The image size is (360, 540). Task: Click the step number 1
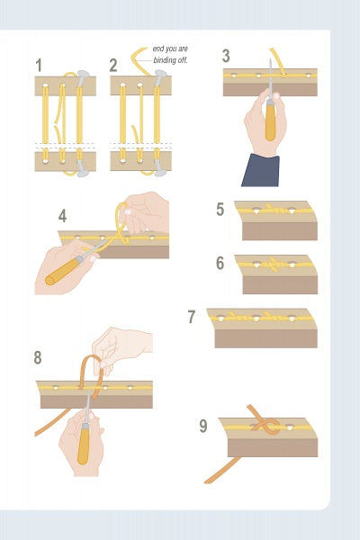[39, 66]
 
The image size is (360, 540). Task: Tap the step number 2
[113, 66]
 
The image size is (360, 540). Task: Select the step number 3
[226, 56]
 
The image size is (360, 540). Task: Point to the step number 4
[62, 216]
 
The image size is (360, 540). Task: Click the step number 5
[220, 209]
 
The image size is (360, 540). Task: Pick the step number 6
[220, 263]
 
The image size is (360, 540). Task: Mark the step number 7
[192, 317]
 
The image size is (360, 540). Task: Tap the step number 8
[38, 357]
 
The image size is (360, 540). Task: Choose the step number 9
[203, 426]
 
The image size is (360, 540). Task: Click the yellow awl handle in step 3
[270, 121]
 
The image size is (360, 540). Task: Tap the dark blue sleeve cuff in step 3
[261, 170]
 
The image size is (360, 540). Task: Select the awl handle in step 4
[62, 271]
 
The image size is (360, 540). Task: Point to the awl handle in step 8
[84, 446]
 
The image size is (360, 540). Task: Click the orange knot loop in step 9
[266, 424]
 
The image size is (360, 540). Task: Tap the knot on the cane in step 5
[274, 210]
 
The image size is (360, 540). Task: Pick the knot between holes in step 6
[274, 264]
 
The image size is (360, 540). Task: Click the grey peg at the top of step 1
[83, 77]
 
